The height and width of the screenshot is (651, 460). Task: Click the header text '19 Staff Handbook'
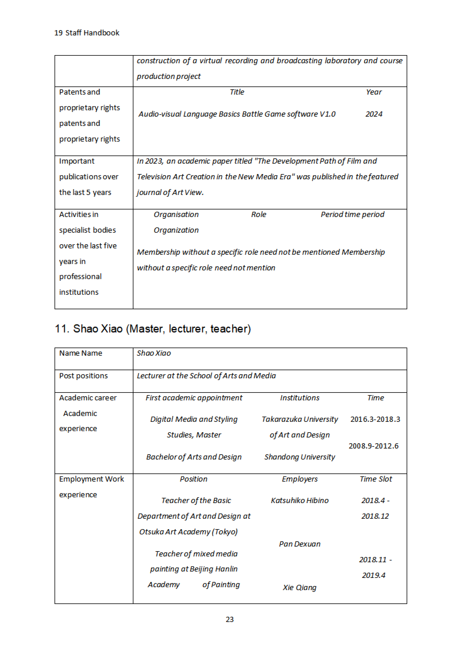pyautogui.click(x=87, y=33)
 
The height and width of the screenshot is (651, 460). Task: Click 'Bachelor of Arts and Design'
pyautogui.click(x=194, y=457)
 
